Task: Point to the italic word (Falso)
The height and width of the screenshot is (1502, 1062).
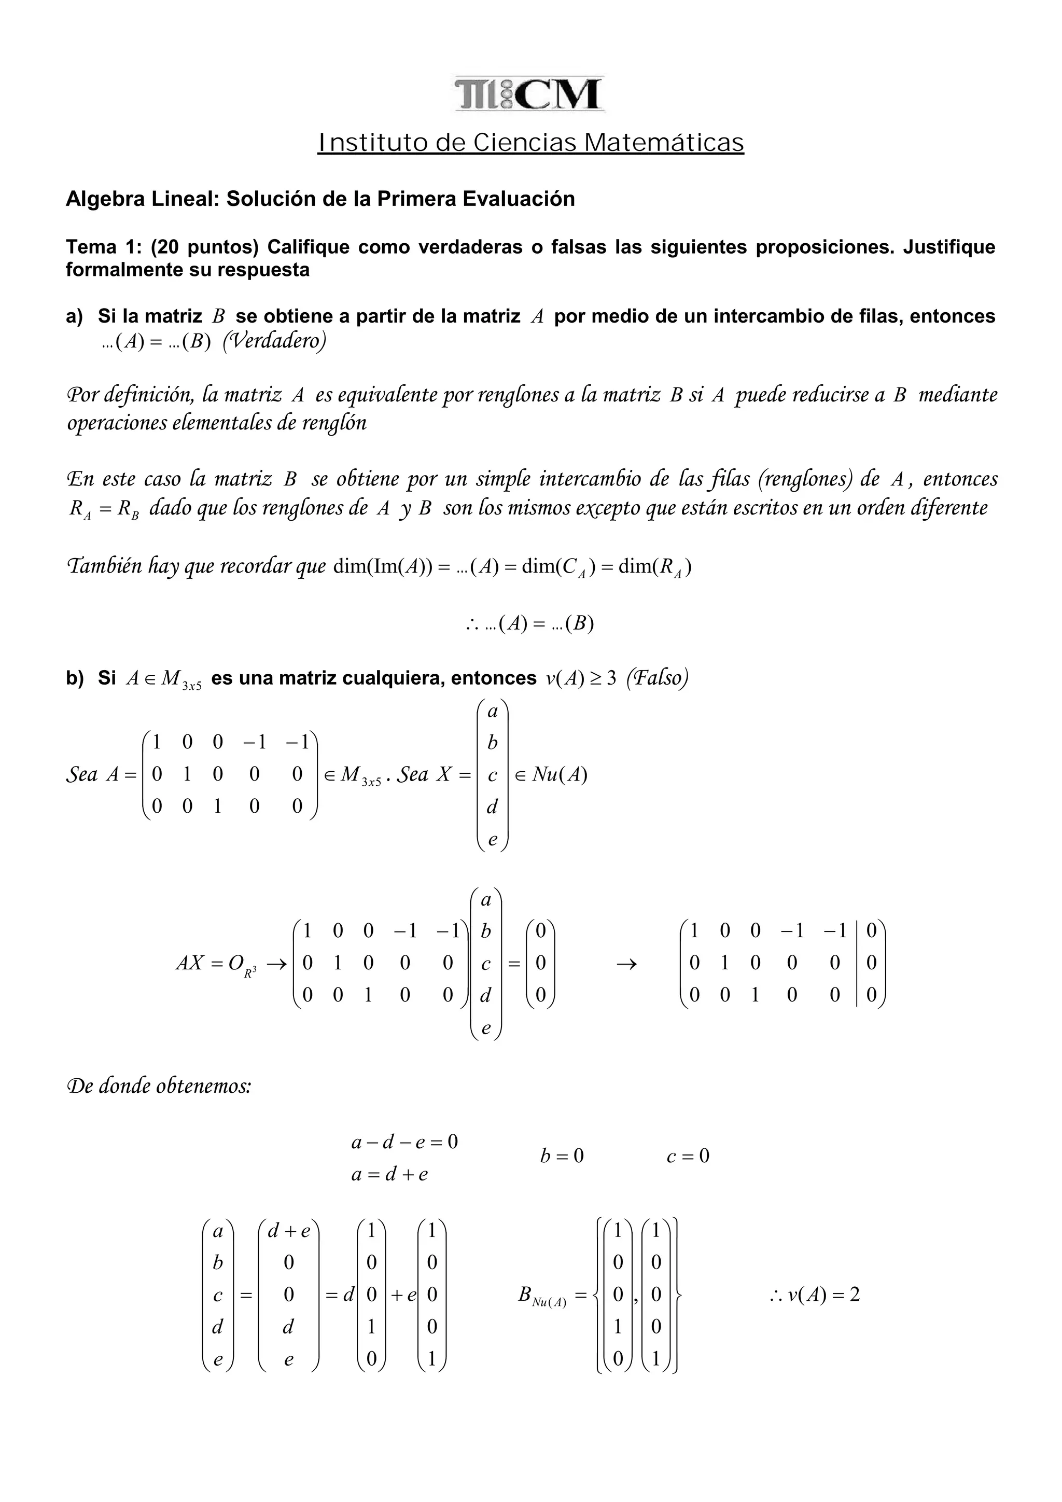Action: [657, 678]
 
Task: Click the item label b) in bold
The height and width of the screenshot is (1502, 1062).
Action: [75, 678]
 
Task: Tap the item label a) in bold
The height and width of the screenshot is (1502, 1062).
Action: [75, 316]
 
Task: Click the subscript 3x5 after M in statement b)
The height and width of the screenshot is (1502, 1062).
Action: [191, 686]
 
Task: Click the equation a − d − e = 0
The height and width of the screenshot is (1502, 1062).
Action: [404, 1142]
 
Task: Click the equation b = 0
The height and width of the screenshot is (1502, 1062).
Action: [561, 1157]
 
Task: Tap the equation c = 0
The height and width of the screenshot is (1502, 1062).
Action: [687, 1157]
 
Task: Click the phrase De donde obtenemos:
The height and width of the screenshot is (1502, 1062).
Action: [159, 1087]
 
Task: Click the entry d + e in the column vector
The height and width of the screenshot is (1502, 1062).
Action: [288, 1231]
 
